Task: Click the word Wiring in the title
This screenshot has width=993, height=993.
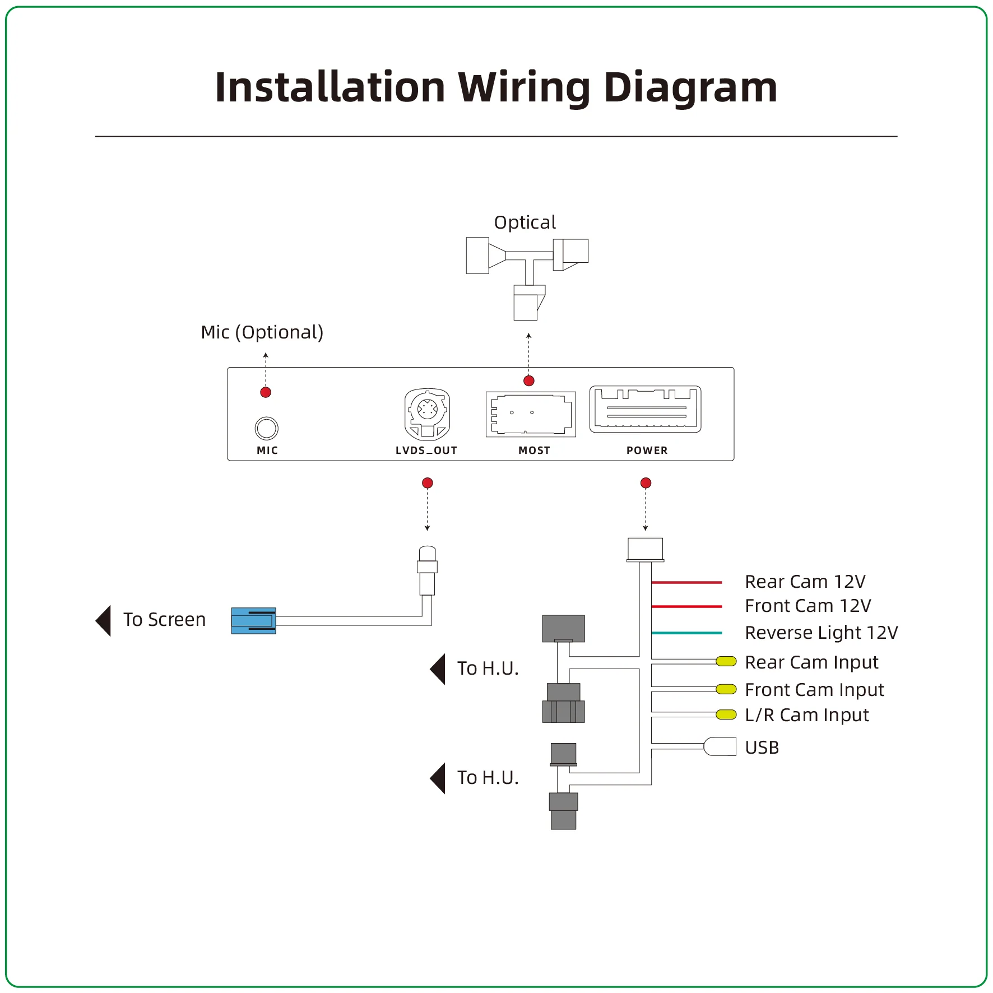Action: tap(524, 88)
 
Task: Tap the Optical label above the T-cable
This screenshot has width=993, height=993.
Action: tap(525, 222)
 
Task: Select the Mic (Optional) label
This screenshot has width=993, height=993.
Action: tap(262, 332)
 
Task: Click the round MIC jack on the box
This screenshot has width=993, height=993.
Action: tap(266, 428)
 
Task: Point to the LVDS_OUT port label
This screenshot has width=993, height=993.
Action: tap(426, 451)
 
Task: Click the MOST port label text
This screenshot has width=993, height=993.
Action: tap(534, 451)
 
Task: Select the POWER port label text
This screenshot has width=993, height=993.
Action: tap(647, 451)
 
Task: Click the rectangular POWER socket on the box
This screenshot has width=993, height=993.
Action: tap(645, 409)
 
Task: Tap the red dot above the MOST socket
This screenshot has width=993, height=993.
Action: tap(528, 381)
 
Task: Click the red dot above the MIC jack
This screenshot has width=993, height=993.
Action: tap(266, 392)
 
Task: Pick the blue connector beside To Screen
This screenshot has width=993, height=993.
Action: tap(253, 621)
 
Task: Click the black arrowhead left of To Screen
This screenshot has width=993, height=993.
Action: tap(104, 620)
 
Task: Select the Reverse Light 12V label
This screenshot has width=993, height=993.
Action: tap(821, 633)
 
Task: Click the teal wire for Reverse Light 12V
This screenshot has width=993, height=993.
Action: tap(687, 633)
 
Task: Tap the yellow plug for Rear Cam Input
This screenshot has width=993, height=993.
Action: tap(726, 662)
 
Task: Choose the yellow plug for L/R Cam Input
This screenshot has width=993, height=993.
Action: tap(726, 714)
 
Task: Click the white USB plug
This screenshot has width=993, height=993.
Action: tap(720, 746)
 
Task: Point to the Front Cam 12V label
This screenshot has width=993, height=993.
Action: tap(808, 606)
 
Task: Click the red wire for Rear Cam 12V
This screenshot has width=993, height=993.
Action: tap(687, 583)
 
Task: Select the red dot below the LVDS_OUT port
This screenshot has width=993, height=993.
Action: tap(427, 483)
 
